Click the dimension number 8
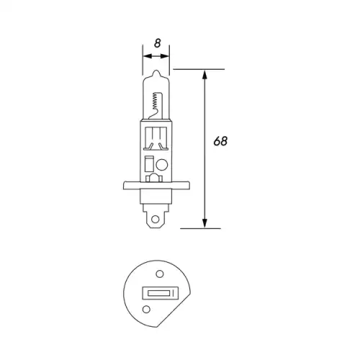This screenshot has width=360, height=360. tap(158, 43)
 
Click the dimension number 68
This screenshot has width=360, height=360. tap(220, 141)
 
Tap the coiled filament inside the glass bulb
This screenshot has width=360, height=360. tap(156, 101)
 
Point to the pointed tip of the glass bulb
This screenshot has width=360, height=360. tap(156, 71)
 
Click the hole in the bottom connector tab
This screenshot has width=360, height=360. tap(156, 219)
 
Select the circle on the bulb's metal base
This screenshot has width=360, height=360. tap(162, 165)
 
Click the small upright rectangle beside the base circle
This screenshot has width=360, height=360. tap(149, 163)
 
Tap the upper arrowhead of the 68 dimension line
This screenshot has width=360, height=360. tap(204, 74)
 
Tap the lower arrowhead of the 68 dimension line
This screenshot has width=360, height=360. tap(204, 223)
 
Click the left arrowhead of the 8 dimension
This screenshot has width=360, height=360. tap(148, 56)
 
